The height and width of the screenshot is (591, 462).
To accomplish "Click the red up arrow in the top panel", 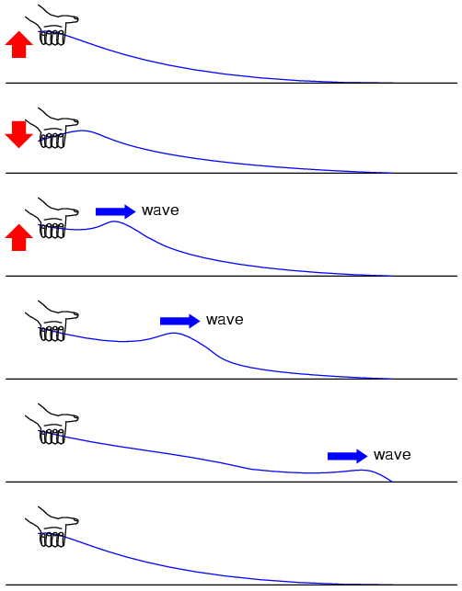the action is (x=19, y=44).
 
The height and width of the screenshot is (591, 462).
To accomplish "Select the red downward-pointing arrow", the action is (x=19, y=134).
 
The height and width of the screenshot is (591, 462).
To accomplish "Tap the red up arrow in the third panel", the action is (x=19, y=237).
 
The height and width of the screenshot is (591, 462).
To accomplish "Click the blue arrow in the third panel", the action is (x=116, y=211).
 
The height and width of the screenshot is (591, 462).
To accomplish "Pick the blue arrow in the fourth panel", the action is (x=180, y=321).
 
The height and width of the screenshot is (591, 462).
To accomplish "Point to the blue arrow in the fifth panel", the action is (x=348, y=456).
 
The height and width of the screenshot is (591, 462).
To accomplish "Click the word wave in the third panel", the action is (x=160, y=210).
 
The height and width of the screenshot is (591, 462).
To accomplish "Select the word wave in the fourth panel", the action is (x=225, y=320).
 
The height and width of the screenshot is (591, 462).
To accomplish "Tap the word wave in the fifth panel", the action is (x=393, y=455).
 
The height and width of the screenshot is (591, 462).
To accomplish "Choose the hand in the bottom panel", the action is (x=52, y=528).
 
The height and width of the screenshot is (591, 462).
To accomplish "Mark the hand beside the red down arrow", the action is (x=52, y=129).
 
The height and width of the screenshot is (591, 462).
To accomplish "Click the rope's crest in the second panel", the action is (x=84, y=131).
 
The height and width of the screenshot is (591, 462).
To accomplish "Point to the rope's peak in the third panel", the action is (x=115, y=222).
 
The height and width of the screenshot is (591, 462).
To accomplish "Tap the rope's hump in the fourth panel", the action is (x=174, y=334).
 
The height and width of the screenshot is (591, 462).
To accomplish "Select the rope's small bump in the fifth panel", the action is (x=362, y=470).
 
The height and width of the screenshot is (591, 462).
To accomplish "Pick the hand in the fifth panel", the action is (x=52, y=425).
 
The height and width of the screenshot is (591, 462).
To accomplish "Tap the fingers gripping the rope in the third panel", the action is (x=52, y=231).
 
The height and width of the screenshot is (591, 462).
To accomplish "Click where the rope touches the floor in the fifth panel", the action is (x=392, y=482).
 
